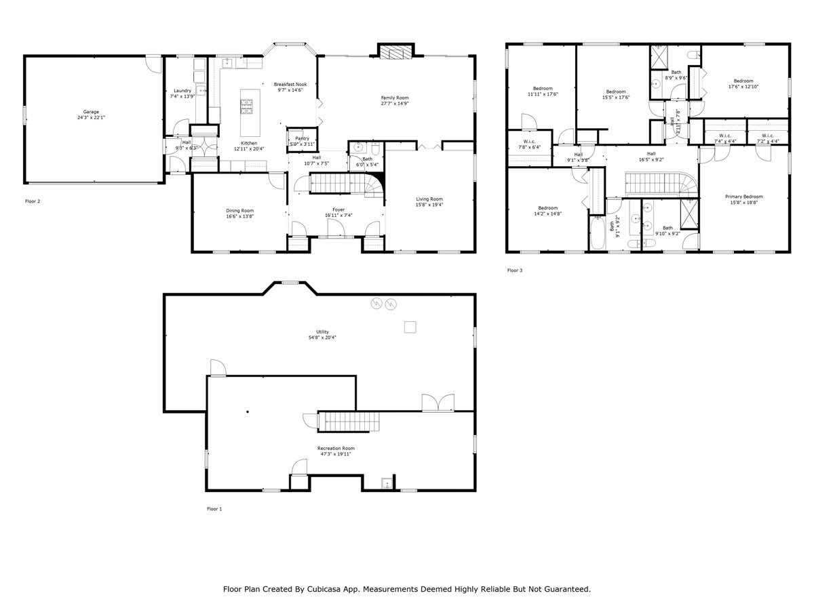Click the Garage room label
(x=91, y=112)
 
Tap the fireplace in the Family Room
(x=395, y=53)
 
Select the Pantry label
(x=302, y=138)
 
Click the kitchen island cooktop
(x=246, y=106)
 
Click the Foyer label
(x=338, y=210)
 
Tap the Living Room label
(x=429, y=199)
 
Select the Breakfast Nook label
(x=290, y=84)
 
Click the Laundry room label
(x=182, y=91)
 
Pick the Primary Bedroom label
(x=743, y=197)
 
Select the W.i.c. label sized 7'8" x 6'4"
(x=530, y=142)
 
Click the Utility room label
(x=322, y=331)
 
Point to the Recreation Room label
(x=336, y=448)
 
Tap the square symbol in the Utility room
(x=410, y=327)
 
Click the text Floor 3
(x=515, y=270)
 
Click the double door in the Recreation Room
(x=438, y=403)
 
